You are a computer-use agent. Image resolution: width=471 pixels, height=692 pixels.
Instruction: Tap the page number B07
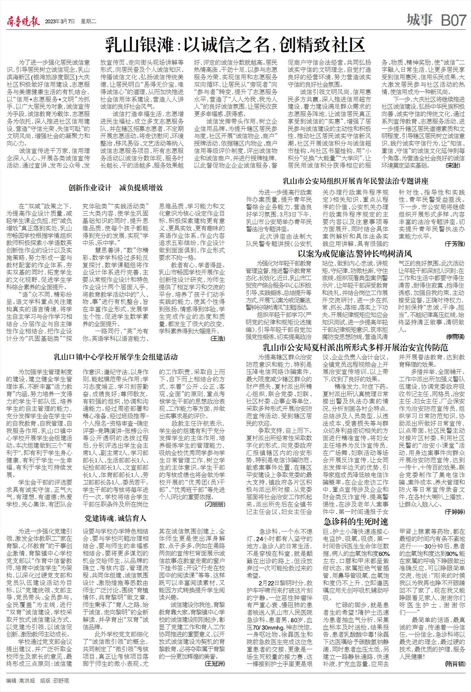pyautogui.click(x=453, y=21)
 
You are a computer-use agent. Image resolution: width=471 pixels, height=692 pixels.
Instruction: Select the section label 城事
pyautogui.click(x=420, y=20)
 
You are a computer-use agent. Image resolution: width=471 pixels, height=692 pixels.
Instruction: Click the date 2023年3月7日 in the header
pyautogui.click(x=60, y=22)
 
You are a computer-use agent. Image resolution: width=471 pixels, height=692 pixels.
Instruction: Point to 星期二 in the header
pyautogui.click(x=88, y=22)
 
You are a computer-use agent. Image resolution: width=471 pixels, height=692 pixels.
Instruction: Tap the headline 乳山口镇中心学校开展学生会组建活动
pyautogui.click(x=116, y=357)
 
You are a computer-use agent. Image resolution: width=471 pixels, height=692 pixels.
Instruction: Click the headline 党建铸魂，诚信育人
pyautogui.click(x=116, y=518)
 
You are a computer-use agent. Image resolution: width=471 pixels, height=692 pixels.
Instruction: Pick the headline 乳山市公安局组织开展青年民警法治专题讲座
pyautogui.click(x=355, y=181)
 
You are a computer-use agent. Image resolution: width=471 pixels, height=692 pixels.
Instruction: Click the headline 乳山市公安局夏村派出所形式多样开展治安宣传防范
pyautogui.click(x=355, y=347)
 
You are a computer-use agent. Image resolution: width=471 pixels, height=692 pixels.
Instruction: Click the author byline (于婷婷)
pyautogui.click(x=455, y=512)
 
